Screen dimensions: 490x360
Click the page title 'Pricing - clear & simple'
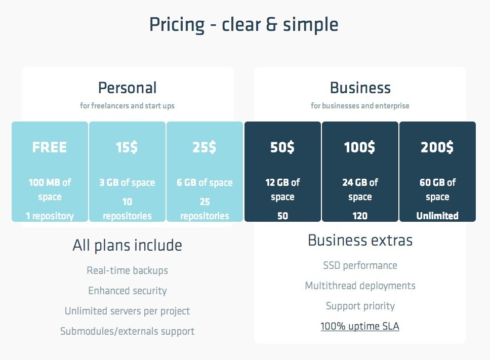(x=244, y=25)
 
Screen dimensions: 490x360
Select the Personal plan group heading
(x=127, y=88)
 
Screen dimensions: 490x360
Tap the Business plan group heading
(x=360, y=88)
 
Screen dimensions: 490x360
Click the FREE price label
(x=50, y=147)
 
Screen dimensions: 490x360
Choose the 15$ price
(x=127, y=147)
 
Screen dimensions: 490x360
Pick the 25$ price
(x=204, y=147)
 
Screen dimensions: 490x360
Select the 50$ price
(x=282, y=147)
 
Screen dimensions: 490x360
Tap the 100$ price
(x=359, y=147)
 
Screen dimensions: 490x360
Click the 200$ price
(x=437, y=147)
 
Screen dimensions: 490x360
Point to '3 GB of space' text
(x=127, y=182)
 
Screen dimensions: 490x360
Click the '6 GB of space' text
(x=205, y=182)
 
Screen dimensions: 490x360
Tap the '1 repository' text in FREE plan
(x=50, y=216)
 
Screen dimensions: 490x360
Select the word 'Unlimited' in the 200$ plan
(x=437, y=216)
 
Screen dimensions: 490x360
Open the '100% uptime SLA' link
(x=360, y=326)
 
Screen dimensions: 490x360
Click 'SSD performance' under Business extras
(x=360, y=266)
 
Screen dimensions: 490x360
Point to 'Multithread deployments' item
(x=360, y=286)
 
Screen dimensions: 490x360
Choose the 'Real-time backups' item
(x=127, y=270)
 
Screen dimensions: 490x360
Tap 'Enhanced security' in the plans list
(x=127, y=291)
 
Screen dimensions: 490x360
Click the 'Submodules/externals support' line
(x=127, y=331)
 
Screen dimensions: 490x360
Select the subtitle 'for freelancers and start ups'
(x=127, y=106)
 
